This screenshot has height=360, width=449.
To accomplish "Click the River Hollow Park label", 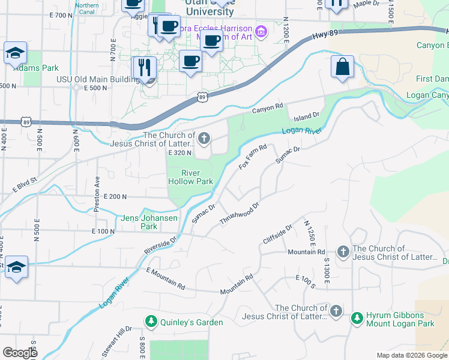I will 190,177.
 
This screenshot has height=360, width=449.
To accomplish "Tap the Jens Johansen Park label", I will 149,222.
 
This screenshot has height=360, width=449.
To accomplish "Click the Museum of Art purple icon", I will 261,31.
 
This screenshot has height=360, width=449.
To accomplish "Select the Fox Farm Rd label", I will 252,157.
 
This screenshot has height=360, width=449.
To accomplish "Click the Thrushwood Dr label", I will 239,214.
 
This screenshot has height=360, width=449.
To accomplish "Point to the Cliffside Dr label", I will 277,235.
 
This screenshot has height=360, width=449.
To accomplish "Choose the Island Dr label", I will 307,115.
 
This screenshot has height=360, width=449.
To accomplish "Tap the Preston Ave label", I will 97,194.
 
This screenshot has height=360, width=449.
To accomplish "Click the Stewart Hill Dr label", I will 120,340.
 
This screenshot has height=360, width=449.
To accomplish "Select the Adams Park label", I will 36,68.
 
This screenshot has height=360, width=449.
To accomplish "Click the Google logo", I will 20,353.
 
